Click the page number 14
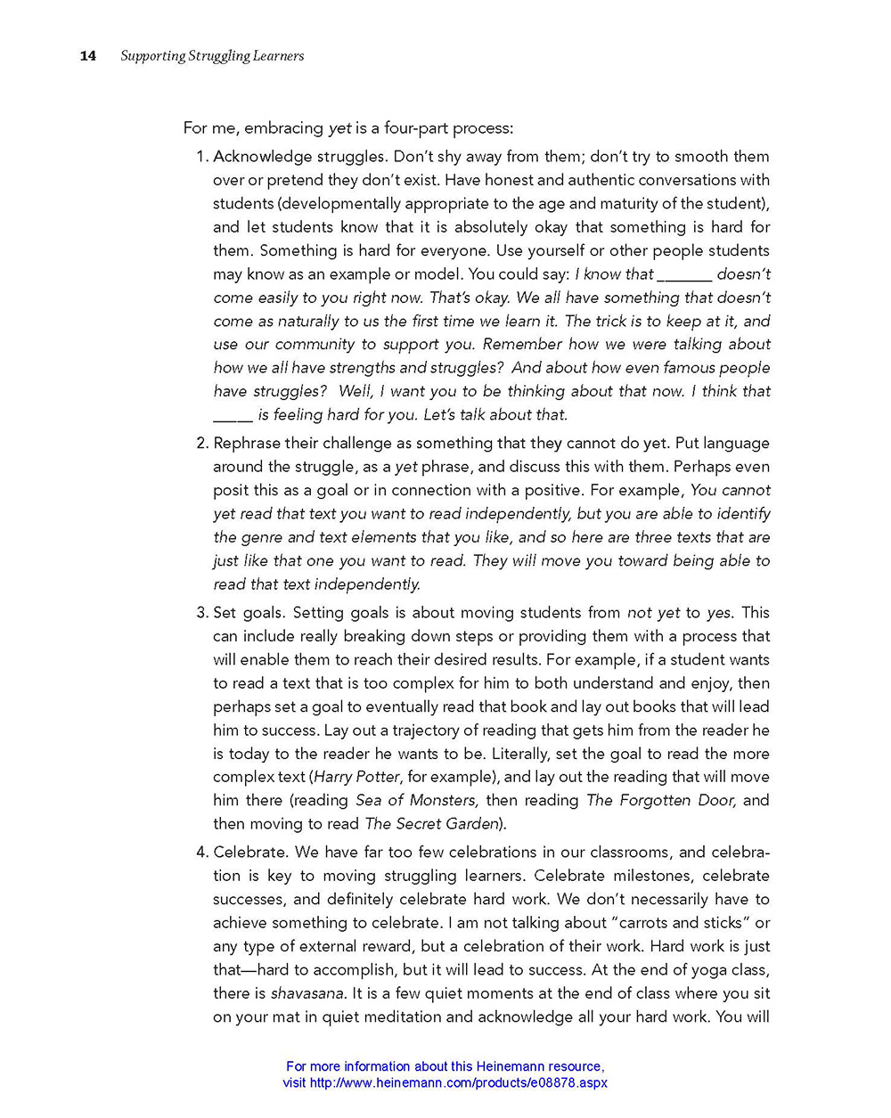[87, 56]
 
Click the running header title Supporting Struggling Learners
[212, 56]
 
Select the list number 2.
[200, 444]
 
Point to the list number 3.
[200, 613]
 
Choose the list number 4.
[200, 853]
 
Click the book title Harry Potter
[357, 777]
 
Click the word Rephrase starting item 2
[252, 444]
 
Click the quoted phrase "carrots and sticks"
[673, 923]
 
